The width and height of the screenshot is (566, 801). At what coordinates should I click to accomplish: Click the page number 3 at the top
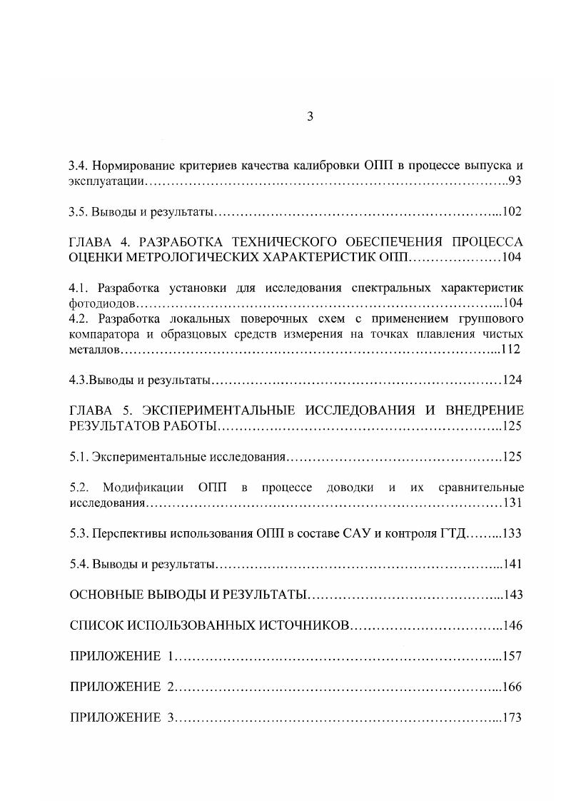click(310, 117)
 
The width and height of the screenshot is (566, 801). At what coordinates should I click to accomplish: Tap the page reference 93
click(515, 181)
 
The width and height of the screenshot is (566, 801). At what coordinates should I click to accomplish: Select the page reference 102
click(512, 212)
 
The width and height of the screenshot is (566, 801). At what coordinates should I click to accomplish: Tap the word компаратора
click(103, 334)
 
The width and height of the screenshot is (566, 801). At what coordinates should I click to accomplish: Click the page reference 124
click(512, 380)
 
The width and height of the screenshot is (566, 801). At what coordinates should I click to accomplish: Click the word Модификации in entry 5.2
click(144, 488)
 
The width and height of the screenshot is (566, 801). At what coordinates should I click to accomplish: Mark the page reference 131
click(512, 503)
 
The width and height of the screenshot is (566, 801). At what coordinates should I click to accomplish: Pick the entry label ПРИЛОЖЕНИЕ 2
click(122, 687)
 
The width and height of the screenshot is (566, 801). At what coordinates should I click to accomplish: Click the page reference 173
click(512, 718)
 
